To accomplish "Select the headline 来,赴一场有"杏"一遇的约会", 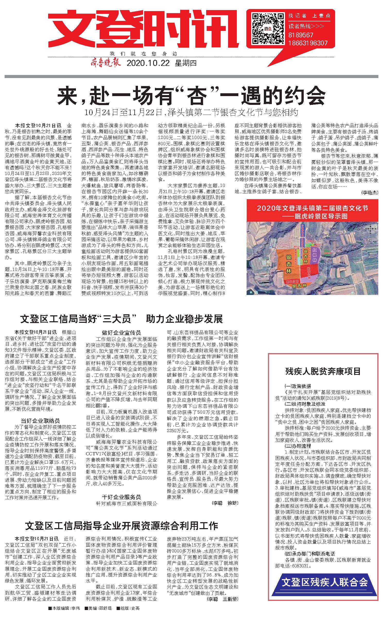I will pos(191,96).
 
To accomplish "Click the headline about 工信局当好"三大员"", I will pos(121,319).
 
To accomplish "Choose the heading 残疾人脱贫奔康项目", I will pos(323,371).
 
